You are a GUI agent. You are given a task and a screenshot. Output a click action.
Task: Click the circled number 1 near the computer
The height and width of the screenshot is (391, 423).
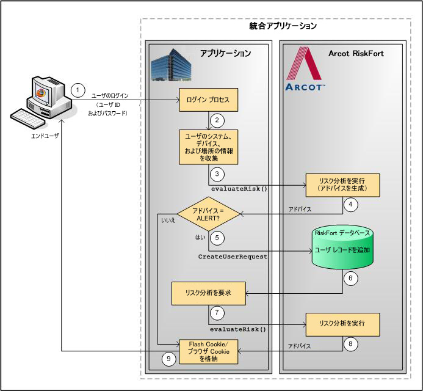pyautogui.click(x=78, y=89)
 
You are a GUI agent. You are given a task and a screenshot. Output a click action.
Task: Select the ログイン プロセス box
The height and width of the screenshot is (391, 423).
pyautogui.click(x=208, y=100)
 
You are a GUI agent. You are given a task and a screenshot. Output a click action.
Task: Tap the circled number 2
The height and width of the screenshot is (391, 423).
pyautogui.click(x=215, y=120)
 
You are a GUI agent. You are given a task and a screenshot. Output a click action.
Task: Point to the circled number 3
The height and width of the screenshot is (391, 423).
pyautogui.click(x=215, y=174)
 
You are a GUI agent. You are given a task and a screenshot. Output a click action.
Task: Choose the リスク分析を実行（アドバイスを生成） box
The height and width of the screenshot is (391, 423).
pyautogui.click(x=342, y=184)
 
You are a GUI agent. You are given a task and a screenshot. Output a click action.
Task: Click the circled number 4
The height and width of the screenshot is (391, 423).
pyautogui.click(x=350, y=205)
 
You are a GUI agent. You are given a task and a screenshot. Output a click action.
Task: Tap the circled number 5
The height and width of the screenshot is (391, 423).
pyautogui.click(x=215, y=237)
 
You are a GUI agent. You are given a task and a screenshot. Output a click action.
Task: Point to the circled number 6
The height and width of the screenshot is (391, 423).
pyautogui.click(x=350, y=277)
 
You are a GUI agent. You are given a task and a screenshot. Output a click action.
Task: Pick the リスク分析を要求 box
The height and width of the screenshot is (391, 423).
pyautogui.click(x=208, y=293)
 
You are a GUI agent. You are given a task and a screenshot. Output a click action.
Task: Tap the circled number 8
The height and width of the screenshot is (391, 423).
pyautogui.click(x=350, y=344)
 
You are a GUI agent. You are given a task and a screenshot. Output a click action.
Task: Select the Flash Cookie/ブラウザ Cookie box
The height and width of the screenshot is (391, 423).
pyautogui.click(x=208, y=351)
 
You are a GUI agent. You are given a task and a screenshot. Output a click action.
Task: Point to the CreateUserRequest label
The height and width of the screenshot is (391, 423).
pyautogui.click(x=233, y=257)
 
